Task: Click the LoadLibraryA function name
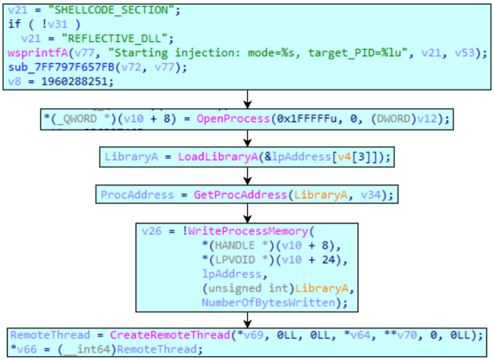tap(212, 157)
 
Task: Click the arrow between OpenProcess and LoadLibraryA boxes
tap(247, 138)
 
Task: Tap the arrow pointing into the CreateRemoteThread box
tap(247, 318)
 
